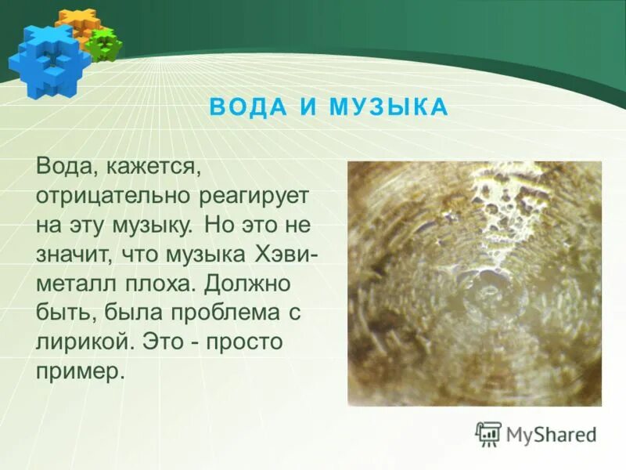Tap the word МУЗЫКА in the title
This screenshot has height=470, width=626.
(x=389, y=107)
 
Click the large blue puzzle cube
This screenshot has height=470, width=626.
(x=42, y=60)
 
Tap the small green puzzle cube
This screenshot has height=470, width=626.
(x=104, y=45)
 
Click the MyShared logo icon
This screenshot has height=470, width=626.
(x=488, y=433)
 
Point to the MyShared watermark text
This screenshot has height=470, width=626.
(x=551, y=434)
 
